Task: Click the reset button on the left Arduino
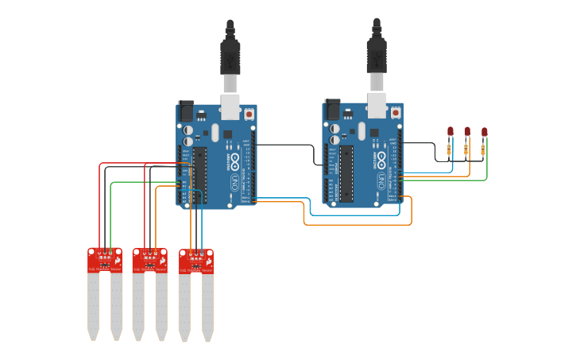(249, 114)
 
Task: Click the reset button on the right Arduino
(396, 113)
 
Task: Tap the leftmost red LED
(450, 131)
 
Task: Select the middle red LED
(467, 131)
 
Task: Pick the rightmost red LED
(484, 132)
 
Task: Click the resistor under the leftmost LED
(449, 149)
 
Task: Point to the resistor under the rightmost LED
(483, 149)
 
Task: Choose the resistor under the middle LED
(466, 149)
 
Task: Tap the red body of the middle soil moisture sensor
(149, 260)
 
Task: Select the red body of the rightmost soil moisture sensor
(195, 261)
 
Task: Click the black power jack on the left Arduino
(187, 111)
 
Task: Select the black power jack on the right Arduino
(333, 110)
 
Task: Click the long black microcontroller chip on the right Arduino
(346, 172)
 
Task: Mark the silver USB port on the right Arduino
(377, 106)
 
